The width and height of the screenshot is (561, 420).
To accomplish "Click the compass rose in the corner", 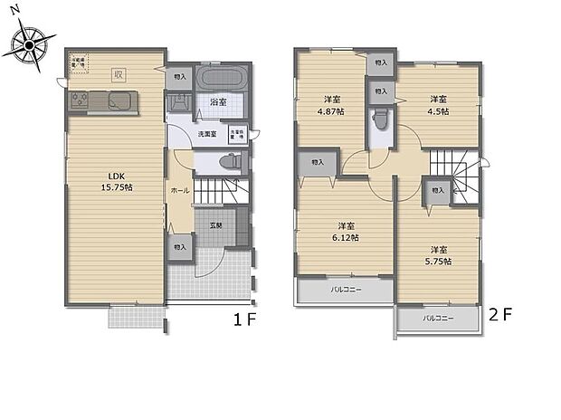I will [x=30, y=43].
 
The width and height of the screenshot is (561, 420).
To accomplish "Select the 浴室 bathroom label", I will [x=217, y=102].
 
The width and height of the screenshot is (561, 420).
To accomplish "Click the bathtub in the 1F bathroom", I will [x=220, y=77].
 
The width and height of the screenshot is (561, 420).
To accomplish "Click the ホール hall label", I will [x=177, y=192].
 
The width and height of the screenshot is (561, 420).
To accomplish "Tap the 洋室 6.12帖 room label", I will [x=347, y=232].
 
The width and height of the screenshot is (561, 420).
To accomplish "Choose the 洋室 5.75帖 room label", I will [x=439, y=255].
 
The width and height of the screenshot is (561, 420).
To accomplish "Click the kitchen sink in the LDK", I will [x=119, y=100].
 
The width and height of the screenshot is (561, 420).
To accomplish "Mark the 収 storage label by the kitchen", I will [x=118, y=74].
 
